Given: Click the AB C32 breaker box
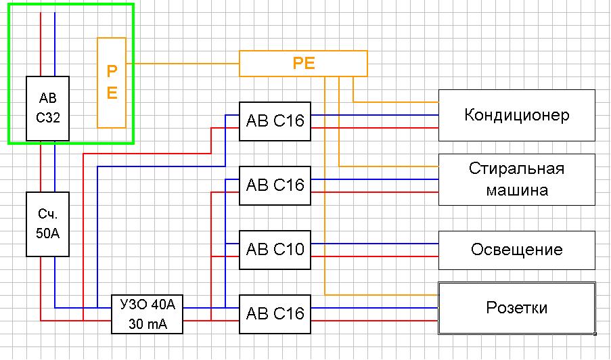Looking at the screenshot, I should [x=47, y=108].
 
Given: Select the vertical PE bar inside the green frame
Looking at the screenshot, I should [x=112, y=83].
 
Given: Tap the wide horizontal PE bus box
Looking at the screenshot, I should [x=303, y=64].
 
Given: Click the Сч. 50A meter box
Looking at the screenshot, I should [x=47, y=224].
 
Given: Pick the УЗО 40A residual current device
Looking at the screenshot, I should [x=148, y=314].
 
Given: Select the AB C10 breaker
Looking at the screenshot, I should [x=275, y=249].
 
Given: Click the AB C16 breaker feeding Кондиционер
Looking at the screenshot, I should [x=275, y=121].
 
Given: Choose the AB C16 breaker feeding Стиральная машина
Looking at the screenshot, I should [x=275, y=185].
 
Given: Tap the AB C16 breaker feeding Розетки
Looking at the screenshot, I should [x=275, y=313].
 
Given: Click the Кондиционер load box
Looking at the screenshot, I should [x=516, y=114].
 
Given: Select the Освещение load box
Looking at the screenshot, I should [x=516, y=249].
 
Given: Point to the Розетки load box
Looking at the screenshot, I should [x=516, y=308].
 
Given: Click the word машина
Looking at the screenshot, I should [x=517, y=190].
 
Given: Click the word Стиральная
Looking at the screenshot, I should [x=516, y=168].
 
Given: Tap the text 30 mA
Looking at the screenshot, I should [x=148, y=324].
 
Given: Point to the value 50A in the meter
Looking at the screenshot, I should [x=47, y=235].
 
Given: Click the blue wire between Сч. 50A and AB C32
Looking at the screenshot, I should [x=55, y=166].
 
